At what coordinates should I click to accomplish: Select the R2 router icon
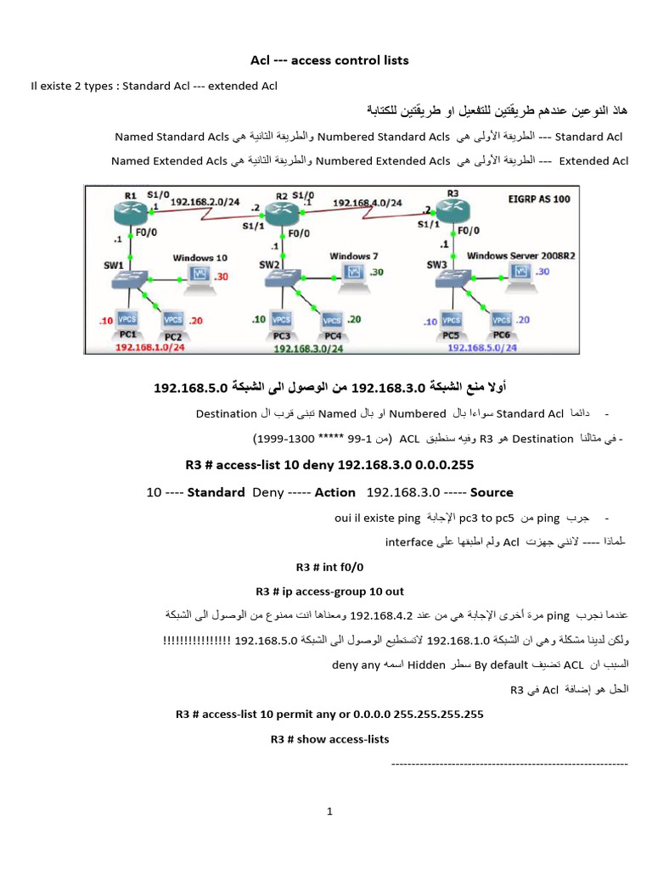pos(278,211)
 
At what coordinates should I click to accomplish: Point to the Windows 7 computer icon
pos(351,272)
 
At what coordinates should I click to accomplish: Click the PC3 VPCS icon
pos(280,321)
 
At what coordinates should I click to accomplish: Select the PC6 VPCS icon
pos(503,320)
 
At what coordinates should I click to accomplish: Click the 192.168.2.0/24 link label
pos(205,201)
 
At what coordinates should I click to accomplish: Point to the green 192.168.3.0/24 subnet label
pos(308,348)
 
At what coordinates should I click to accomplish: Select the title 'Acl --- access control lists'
pos(329,60)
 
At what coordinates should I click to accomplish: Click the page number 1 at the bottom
pos(330,811)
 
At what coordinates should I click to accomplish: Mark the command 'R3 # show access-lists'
pos(329,739)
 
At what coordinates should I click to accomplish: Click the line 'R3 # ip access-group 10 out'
pos(329,591)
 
